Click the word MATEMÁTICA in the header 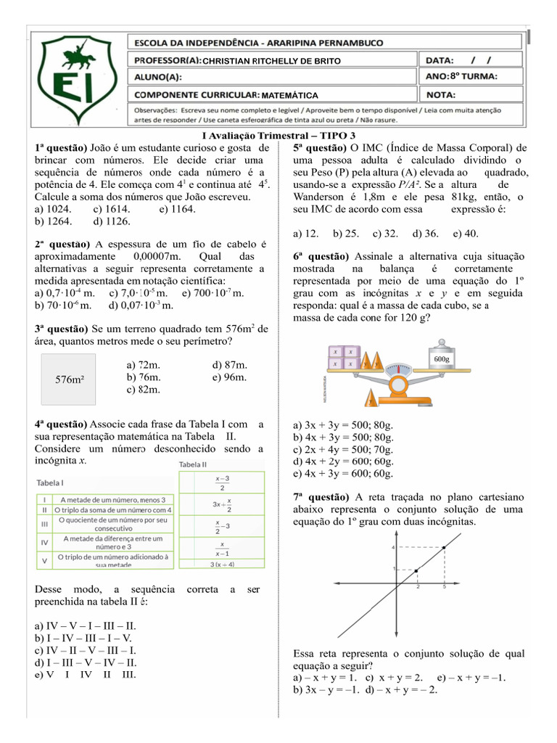289,95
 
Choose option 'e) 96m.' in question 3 231,377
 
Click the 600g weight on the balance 442,358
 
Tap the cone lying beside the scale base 372,398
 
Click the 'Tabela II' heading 194,464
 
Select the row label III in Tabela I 45,524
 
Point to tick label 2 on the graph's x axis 418,586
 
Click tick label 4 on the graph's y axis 392,546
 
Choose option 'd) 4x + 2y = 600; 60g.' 343,461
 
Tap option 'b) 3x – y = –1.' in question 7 334,690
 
